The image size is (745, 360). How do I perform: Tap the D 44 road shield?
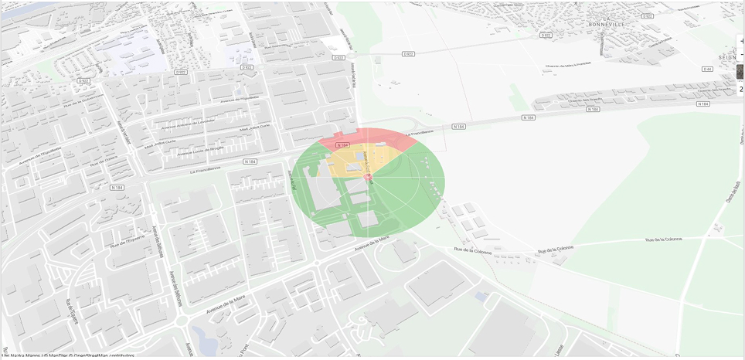coord(707,69)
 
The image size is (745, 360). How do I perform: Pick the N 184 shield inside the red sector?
coord(343,145)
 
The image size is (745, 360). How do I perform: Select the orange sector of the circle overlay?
coord(340,164)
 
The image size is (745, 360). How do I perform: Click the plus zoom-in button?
coord(741,41)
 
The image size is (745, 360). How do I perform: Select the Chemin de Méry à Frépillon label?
coord(568,65)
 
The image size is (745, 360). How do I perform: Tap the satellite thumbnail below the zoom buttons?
coord(740,72)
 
